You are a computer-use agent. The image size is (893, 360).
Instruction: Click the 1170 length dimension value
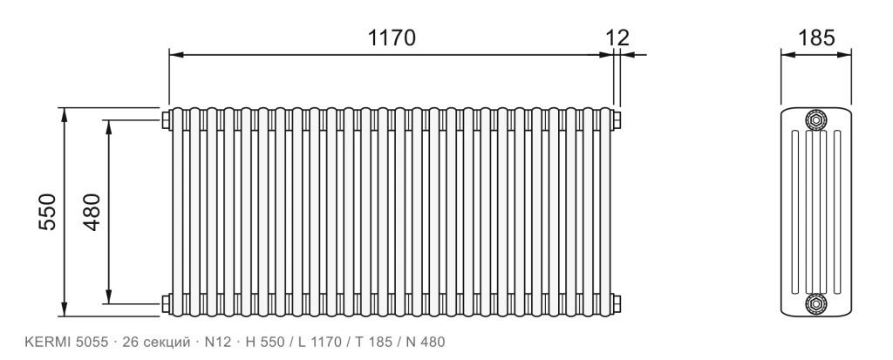(392, 37)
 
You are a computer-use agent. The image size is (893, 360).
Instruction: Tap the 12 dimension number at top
(617, 37)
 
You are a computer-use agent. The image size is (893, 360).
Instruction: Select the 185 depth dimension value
(816, 37)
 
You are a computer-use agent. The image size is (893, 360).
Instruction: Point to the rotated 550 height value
(48, 212)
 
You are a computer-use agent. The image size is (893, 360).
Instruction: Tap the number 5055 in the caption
(92, 342)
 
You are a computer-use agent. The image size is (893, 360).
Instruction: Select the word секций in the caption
(167, 343)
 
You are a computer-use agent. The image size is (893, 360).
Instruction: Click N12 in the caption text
(218, 342)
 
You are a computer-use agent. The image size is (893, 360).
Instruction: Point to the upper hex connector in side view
(815, 119)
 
